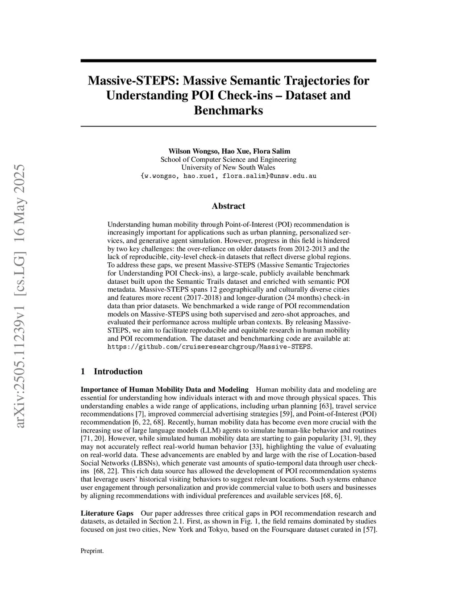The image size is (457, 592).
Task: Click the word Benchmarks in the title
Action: point(228,110)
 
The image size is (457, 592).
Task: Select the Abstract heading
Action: point(228,206)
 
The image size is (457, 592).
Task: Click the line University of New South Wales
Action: point(228,168)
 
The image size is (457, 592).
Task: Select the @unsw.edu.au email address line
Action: point(228,176)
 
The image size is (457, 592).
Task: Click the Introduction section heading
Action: point(118,371)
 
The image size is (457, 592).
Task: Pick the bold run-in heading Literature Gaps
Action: point(107,513)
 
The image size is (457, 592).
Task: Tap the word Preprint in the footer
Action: point(91,551)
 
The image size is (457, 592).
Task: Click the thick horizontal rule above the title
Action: point(228,61)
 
